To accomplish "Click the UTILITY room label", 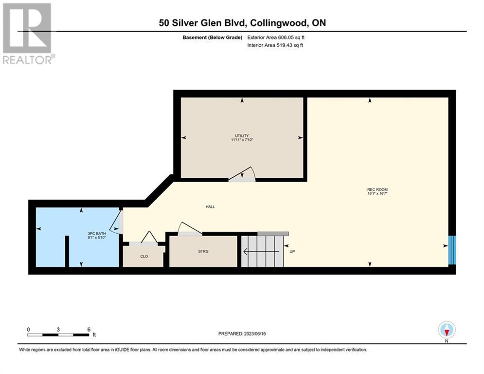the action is (242, 136).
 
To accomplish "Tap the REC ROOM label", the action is (377, 189).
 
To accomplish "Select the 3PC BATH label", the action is (97, 234).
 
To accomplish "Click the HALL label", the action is (210, 207).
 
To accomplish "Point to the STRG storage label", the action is (203, 251).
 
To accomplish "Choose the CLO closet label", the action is (144, 256).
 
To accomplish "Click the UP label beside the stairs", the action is (292, 251).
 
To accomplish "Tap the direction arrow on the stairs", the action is (261, 252).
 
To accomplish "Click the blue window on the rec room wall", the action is (452, 250).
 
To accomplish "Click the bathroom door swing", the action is (117, 223).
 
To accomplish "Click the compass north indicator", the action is (447, 330).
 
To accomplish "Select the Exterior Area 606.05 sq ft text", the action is (276, 37).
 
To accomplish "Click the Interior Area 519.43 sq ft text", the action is (275, 45).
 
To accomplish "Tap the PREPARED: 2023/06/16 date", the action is (242, 334).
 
